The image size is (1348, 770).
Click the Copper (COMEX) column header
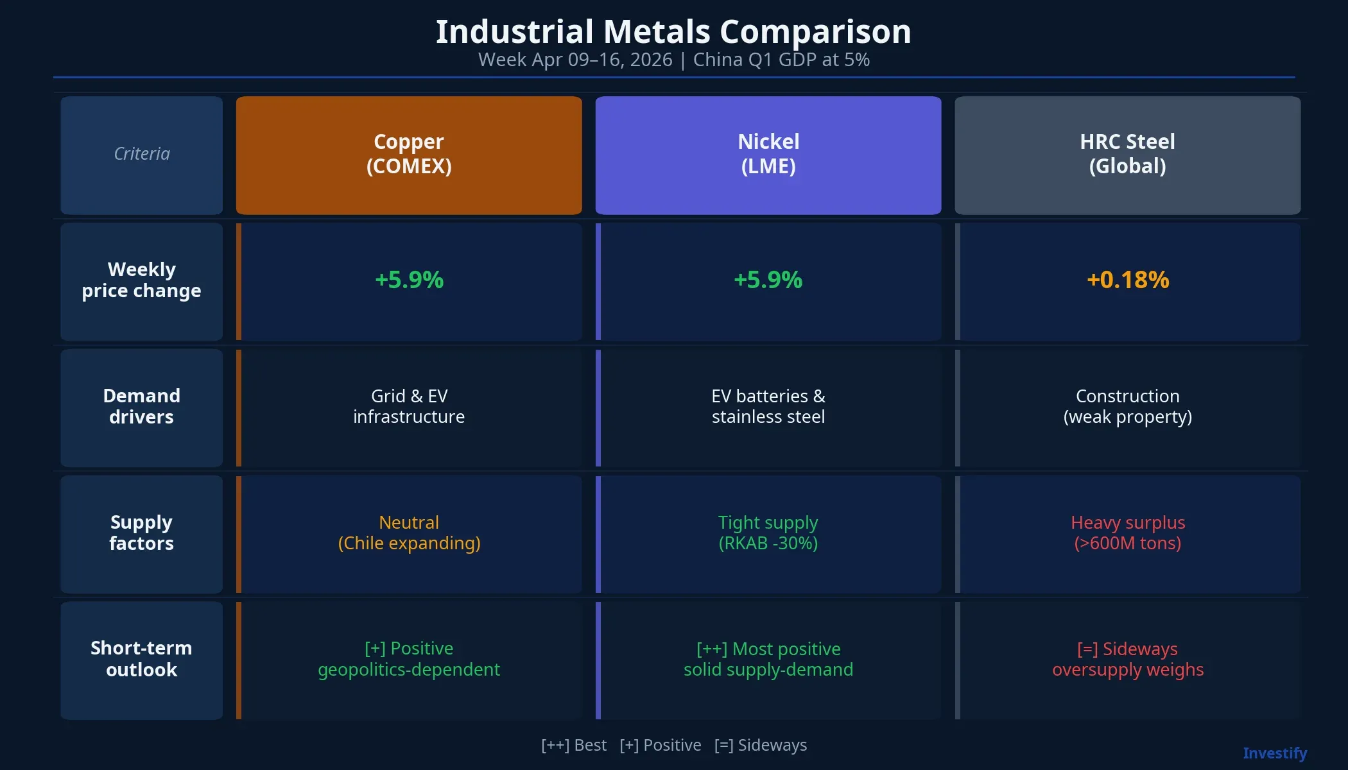[x=409, y=155]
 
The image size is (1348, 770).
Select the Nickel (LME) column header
[x=768, y=155]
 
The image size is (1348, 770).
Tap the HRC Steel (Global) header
[x=1127, y=155]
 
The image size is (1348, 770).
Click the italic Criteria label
[x=141, y=154]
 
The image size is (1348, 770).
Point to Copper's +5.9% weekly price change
[x=409, y=280]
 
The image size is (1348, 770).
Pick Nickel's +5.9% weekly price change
[x=768, y=280]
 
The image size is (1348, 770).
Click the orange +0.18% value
[x=1127, y=280]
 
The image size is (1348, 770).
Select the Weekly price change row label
[x=141, y=280]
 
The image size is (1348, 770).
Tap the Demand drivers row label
[x=141, y=406]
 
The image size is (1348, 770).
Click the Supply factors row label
[x=141, y=533]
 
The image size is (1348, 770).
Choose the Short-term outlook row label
[x=141, y=659]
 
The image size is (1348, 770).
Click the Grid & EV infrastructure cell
[x=409, y=406]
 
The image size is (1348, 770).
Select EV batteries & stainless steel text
[x=768, y=406]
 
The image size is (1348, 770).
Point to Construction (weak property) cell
[x=1127, y=406]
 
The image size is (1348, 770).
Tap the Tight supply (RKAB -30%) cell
[x=768, y=533]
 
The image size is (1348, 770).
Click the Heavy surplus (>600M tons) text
[x=1127, y=533]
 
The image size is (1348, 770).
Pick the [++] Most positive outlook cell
[x=768, y=659]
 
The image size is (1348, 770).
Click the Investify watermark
[x=1274, y=753]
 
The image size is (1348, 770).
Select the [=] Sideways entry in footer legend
[x=760, y=745]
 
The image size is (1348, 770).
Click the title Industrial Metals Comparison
[x=673, y=31]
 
